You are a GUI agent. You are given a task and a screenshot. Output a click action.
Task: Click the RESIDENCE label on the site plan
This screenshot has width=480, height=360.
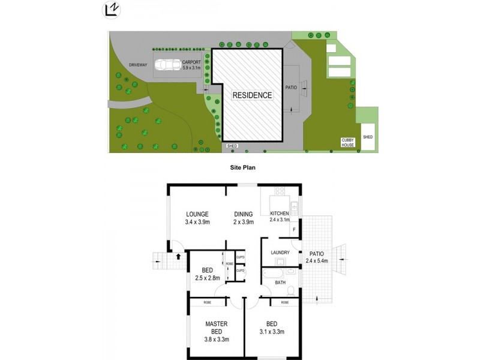(252, 95)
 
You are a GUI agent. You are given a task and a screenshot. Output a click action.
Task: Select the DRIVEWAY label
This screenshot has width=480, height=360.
(138, 65)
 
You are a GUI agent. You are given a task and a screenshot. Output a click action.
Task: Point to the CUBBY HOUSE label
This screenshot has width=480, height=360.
(349, 142)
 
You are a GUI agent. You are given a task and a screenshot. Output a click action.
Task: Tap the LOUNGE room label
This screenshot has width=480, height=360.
(197, 214)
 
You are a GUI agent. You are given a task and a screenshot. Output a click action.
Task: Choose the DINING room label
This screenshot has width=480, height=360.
(243, 214)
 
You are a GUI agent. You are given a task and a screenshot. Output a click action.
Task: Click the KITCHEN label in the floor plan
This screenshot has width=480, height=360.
(279, 214)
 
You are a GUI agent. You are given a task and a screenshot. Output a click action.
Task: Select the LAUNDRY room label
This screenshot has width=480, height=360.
(280, 253)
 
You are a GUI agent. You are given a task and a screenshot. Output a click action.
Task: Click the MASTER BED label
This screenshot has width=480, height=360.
(215, 328)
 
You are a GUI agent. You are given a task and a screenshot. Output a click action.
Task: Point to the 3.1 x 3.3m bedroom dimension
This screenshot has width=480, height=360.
(271, 332)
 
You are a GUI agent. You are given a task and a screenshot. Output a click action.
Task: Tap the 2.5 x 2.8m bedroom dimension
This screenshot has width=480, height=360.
(206, 277)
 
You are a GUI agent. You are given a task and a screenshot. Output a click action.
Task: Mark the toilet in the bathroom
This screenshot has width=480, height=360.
(291, 290)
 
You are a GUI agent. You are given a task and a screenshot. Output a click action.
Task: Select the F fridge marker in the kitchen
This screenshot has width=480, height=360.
(294, 230)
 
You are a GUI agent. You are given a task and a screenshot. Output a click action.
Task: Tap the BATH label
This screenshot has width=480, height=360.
(280, 282)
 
